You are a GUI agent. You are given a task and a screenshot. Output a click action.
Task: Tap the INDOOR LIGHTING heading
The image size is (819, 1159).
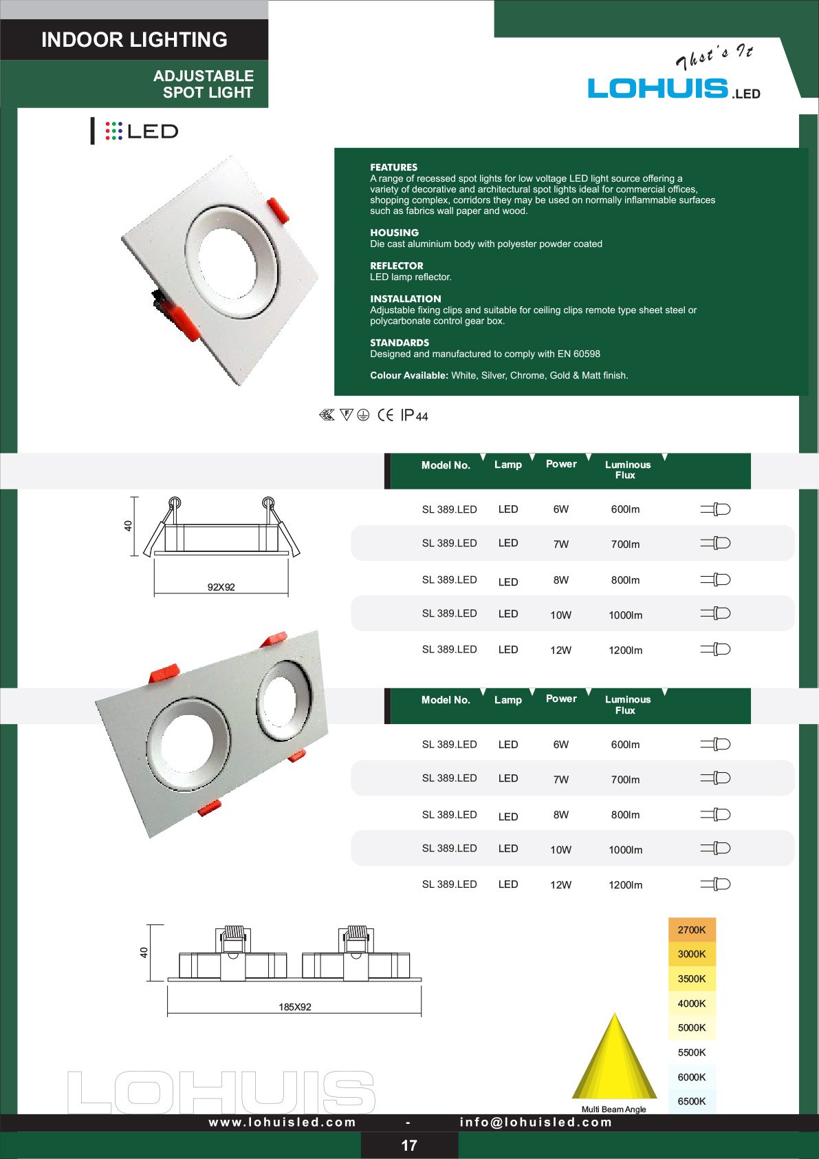click(134, 40)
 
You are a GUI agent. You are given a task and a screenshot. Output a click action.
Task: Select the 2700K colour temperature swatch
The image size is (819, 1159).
click(692, 930)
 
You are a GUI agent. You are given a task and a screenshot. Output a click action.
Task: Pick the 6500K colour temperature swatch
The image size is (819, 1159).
click(692, 1101)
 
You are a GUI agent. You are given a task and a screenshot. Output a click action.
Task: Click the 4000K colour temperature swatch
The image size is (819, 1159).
click(692, 1003)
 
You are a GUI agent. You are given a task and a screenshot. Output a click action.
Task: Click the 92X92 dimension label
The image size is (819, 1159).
click(221, 587)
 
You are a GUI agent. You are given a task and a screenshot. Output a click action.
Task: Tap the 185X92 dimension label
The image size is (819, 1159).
click(295, 1007)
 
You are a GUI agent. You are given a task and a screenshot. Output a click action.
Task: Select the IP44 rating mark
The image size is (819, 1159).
click(415, 415)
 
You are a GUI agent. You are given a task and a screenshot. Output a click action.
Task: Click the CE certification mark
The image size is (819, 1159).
click(385, 415)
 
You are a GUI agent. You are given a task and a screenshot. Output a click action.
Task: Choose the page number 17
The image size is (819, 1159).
click(409, 1145)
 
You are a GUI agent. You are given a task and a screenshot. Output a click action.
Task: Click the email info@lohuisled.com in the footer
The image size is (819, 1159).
click(536, 1122)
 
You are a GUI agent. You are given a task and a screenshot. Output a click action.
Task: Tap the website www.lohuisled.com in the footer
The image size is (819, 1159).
click(283, 1122)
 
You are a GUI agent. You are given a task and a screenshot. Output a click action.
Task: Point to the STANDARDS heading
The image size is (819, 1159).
click(400, 343)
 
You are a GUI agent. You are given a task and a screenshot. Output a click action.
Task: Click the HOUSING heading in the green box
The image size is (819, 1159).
click(394, 233)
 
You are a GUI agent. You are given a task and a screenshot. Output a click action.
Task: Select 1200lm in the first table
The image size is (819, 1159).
click(625, 650)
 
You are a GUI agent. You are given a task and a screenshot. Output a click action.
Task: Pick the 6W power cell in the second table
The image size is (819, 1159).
click(561, 745)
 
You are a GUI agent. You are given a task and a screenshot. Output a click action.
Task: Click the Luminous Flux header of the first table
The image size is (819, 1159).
click(627, 470)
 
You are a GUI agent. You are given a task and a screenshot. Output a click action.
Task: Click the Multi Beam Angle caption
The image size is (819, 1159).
click(614, 1109)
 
